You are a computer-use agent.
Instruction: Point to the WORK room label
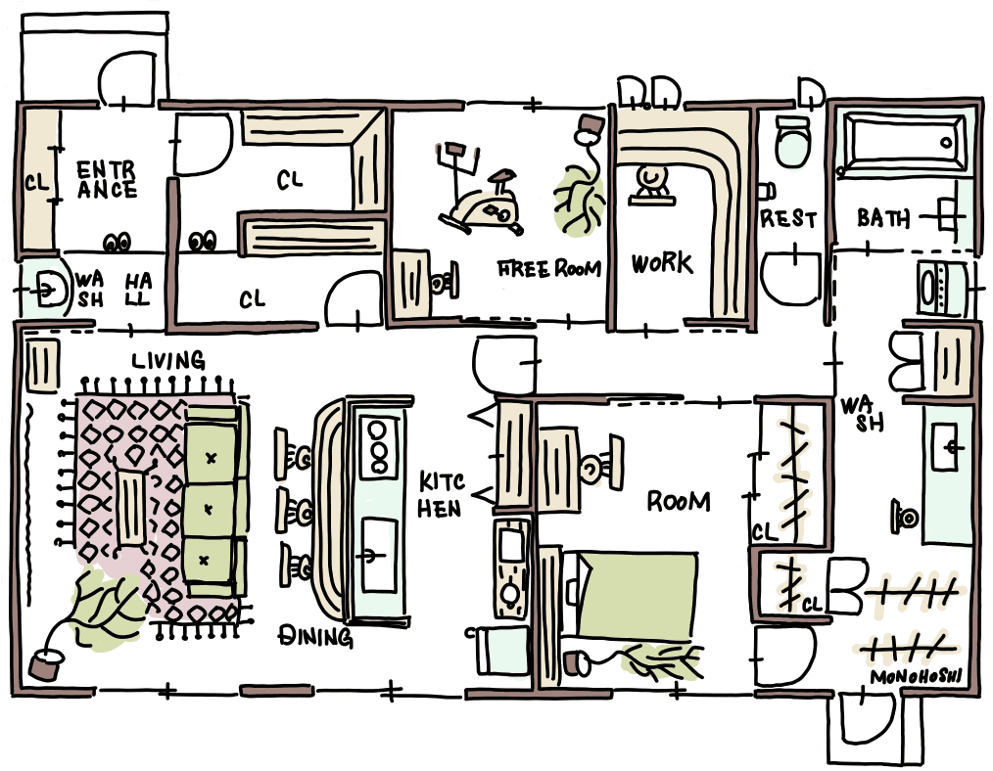pos(661,263)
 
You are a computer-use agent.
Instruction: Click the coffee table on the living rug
pos(130,506)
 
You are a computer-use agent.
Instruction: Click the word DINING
pos(315,637)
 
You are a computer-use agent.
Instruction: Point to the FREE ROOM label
pos(548,268)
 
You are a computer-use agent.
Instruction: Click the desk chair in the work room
pos(648,183)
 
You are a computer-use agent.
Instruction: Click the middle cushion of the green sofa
pos(208,507)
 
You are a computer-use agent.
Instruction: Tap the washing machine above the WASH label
pos(936,285)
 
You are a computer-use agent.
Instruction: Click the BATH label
pos(883,217)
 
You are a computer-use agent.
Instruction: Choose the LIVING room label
pos(168,361)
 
